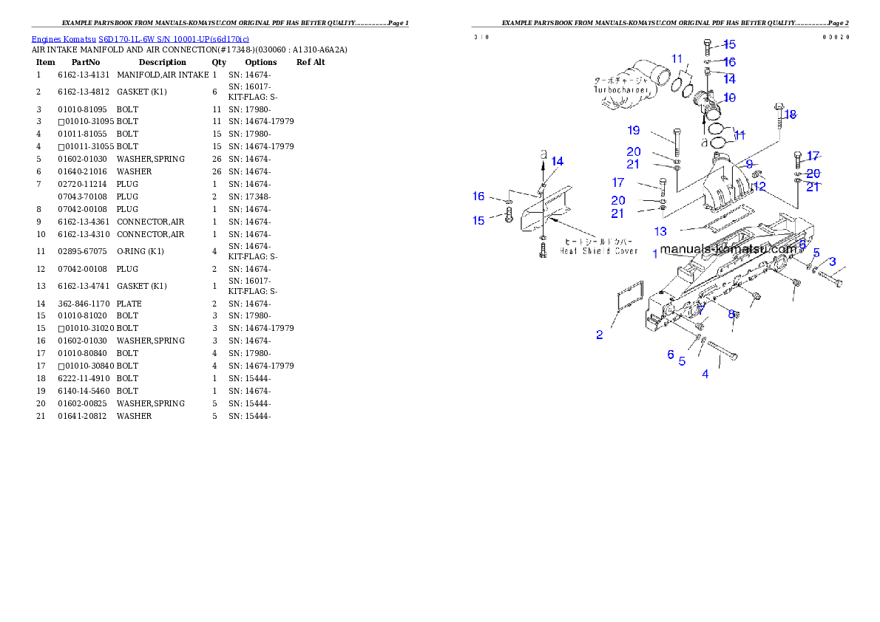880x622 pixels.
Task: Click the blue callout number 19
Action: (x=634, y=131)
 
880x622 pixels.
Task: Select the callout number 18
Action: (x=791, y=115)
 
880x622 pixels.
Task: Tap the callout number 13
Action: (x=660, y=231)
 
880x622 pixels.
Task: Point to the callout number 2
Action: (x=600, y=335)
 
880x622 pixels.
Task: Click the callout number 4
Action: (x=705, y=374)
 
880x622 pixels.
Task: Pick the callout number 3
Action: (x=832, y=262)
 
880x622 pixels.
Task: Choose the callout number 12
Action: (x=759, y=186)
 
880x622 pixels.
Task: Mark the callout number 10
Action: (x=730, y=98)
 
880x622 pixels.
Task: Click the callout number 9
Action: (x=748, y=163)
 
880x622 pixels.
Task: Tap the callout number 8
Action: (x=731, y=313)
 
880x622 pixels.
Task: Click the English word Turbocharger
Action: (x=620, y=89)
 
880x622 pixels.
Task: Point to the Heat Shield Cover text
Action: (x=598, y=250)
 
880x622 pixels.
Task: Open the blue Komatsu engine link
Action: (x=140, y=38)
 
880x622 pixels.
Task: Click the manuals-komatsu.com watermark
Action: (x=728, y=250)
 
